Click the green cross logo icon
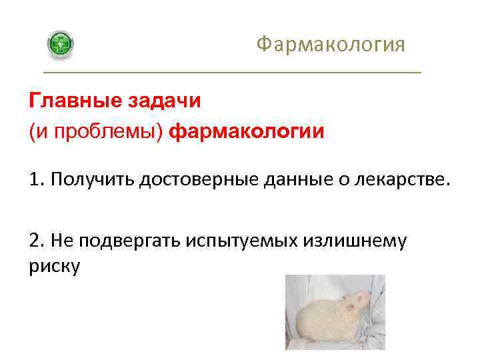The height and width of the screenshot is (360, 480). coord(61,45)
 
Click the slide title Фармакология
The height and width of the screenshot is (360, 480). coord(331,45)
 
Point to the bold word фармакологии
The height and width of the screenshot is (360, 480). coord(247,132)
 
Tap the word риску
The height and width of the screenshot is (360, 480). coord(55,266)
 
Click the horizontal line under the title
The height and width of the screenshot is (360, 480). coord(232,72)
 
